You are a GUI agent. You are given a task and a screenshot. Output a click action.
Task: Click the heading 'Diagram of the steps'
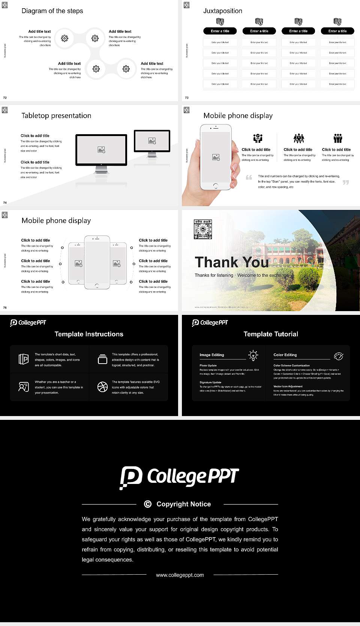(x=52, y=11)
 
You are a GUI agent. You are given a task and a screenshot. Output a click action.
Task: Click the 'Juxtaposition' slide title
(x=222, y=11)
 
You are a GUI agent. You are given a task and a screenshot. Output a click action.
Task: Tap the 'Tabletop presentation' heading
(x=56, y=115)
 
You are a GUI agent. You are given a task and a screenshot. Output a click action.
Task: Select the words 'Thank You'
(x=232, y=262)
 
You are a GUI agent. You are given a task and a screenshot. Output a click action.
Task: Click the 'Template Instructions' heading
(x=89, y=334)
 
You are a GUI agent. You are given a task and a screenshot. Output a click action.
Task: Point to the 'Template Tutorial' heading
(x=271, y=334)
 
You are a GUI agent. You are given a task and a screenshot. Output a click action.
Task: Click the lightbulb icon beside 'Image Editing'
(x=253, y=355)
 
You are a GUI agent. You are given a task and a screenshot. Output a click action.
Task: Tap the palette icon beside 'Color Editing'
(x=339, y=356)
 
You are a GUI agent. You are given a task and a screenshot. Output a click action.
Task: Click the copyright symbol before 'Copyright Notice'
(x=148, y=504)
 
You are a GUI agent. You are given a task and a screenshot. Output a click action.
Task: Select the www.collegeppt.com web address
(x=180, y=575)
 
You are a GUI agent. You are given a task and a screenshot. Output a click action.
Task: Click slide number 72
(x=5, y=98)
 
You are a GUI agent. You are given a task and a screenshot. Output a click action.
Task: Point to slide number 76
(x=5, y=308)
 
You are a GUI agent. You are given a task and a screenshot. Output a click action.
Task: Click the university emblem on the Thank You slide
(x=203, y=229)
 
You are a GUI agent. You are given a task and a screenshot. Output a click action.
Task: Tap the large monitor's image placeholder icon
(x=101, y=150)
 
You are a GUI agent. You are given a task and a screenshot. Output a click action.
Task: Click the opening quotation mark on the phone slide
(x=249, y=177)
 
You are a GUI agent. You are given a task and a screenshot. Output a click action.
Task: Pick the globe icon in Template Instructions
(x=102, y=387)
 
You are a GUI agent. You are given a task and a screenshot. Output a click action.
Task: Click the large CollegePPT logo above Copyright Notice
(x=179, y=478)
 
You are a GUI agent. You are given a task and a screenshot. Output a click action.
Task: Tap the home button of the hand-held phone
(x=215, y=186)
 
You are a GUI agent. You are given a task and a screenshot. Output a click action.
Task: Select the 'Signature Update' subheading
(x=210, y=382)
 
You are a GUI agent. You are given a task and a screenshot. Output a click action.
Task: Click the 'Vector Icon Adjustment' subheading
(x=288, y=386)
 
